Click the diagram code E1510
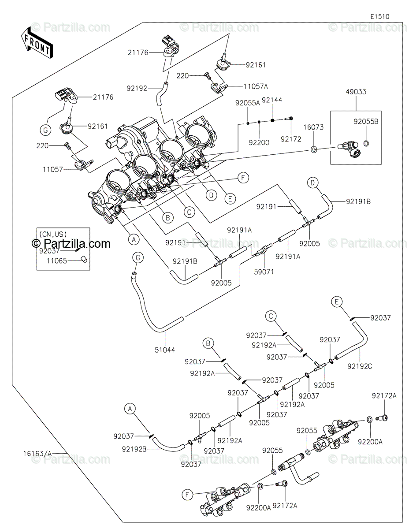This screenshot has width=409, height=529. [x=380, y=17]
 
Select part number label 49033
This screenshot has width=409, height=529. [x=356, y=92]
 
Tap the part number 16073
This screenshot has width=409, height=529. [x=313, y=127]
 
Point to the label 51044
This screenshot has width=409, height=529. [x=165, y=350]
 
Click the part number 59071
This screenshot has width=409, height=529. [x=264, y=272]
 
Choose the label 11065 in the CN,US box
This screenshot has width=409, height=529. [x=57, y=261]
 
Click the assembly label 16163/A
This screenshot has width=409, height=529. [x=38, y=454]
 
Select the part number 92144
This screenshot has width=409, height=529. [x=272, y=100]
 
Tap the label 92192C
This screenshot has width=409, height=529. [x=360, y=373]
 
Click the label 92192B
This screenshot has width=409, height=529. [x=134, y=449]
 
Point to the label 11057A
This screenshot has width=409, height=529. [x=256, y=86]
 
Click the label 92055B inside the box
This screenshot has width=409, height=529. [x=366, y=122]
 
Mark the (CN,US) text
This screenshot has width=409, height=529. [x=53, y=234]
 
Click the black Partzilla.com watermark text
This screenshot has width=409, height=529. [x=71, y=243]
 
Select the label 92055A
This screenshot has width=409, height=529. [x=248, y=103]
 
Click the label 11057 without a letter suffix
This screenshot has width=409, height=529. [x=53, y=169]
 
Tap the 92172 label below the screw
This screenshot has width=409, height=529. [x=291, y=139]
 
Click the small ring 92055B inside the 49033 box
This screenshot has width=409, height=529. [x=366, y=143]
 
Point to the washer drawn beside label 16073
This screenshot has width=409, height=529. [x=314, y=149]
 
